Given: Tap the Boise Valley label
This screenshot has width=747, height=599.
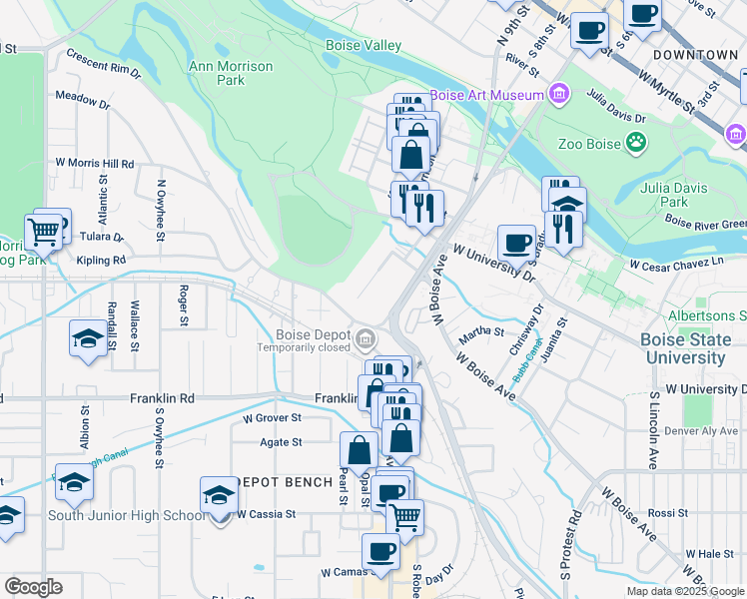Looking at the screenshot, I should (364, 45).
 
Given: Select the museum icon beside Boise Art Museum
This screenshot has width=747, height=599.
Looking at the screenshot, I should (558, 95).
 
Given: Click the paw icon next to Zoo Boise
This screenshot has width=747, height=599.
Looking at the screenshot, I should (634, 144).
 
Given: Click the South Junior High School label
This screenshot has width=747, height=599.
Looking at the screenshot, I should (127, 515).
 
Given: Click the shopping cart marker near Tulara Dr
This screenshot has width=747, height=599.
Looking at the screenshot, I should (43, 232).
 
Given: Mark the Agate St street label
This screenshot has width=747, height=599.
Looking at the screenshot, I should (283, 442).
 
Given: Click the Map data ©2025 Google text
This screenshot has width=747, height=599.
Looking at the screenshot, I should (683, 591).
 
